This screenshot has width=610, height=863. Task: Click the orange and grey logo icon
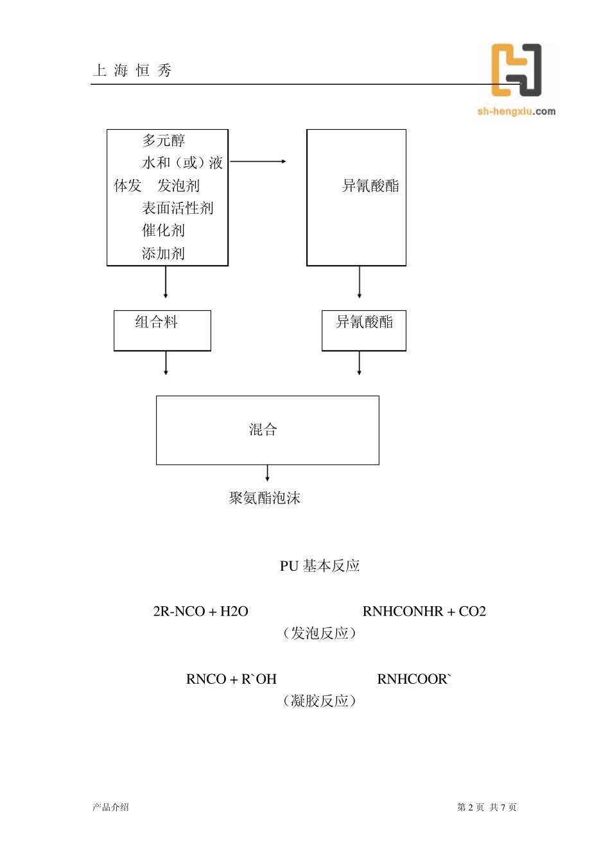516,70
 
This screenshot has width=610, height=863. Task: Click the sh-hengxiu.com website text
516,112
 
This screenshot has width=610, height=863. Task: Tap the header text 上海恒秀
132,71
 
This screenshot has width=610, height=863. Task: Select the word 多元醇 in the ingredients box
164,141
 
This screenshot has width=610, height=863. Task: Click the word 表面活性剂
178,208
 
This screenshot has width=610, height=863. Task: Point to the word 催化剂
164,231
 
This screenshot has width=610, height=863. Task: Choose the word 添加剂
164,254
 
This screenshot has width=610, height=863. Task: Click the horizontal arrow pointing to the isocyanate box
258,162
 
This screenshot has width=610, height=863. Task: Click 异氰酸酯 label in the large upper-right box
370,186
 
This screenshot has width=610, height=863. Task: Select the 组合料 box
162,330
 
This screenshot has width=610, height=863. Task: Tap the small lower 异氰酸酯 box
363,330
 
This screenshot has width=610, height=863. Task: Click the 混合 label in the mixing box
263,430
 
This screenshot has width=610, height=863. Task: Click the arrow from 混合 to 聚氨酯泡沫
267,474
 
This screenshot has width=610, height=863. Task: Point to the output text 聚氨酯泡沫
265,498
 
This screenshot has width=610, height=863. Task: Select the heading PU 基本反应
320,566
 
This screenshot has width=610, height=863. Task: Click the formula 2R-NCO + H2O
200,611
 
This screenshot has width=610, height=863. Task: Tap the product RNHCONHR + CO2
424,611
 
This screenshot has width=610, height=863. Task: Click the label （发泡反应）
319,633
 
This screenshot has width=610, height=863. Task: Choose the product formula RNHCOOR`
414,679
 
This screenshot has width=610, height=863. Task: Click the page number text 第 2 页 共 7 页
487,807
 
